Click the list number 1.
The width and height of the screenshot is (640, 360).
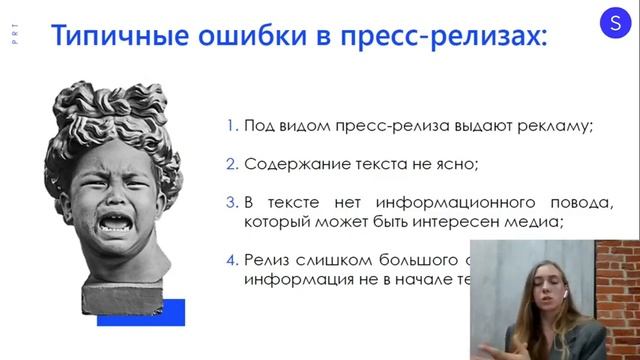(x=231, y=126)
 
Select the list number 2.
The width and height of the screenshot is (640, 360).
(x=231, y=164)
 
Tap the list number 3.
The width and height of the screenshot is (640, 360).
(x=231, y=202)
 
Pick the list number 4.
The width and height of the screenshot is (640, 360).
(x=231, y=261)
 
